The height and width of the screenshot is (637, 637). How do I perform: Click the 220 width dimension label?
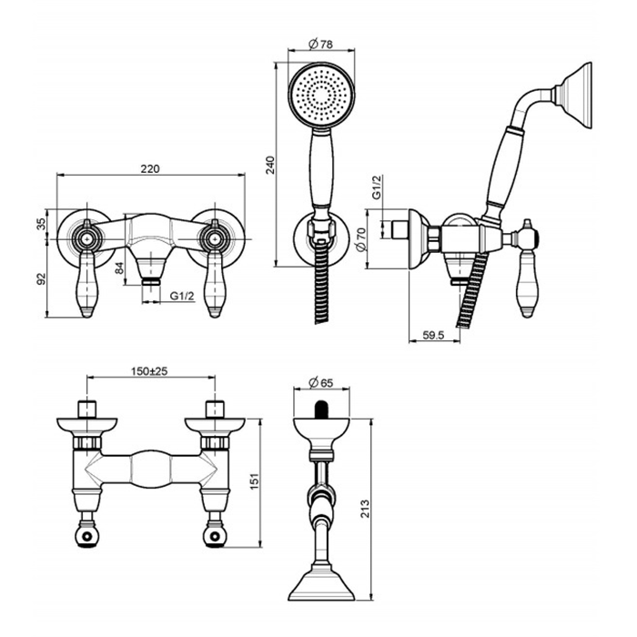(150, 168)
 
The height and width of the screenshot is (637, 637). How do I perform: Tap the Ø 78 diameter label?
(321, 44)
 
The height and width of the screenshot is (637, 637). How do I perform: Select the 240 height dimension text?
(270, 165)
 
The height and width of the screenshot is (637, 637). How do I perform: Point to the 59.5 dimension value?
(434, 335)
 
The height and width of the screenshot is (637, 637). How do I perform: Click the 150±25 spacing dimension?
(149, 371)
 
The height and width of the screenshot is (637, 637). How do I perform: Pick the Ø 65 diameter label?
(321, 383)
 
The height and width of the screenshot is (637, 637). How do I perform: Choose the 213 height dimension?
(366, 509)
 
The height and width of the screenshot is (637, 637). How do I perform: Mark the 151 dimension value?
(254, 481)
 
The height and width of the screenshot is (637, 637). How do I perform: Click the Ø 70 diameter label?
(361, 239)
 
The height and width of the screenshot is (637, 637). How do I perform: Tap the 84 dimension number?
(119, 268)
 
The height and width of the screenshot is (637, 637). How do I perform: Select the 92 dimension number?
(42, 279)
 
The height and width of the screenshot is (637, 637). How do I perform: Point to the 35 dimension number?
(42, 224)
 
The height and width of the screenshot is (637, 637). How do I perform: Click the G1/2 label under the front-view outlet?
(182, 296)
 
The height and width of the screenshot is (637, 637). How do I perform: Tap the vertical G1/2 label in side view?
(377, 187)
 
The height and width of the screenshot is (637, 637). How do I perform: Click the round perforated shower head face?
(322, 96)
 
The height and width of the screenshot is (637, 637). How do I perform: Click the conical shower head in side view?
(574, 96)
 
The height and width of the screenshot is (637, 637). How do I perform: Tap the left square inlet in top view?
(87, 409)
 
